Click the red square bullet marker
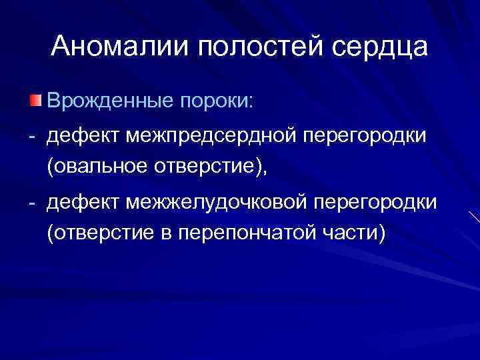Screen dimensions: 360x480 pos(35,101)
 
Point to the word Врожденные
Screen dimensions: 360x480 pos(107,101)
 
